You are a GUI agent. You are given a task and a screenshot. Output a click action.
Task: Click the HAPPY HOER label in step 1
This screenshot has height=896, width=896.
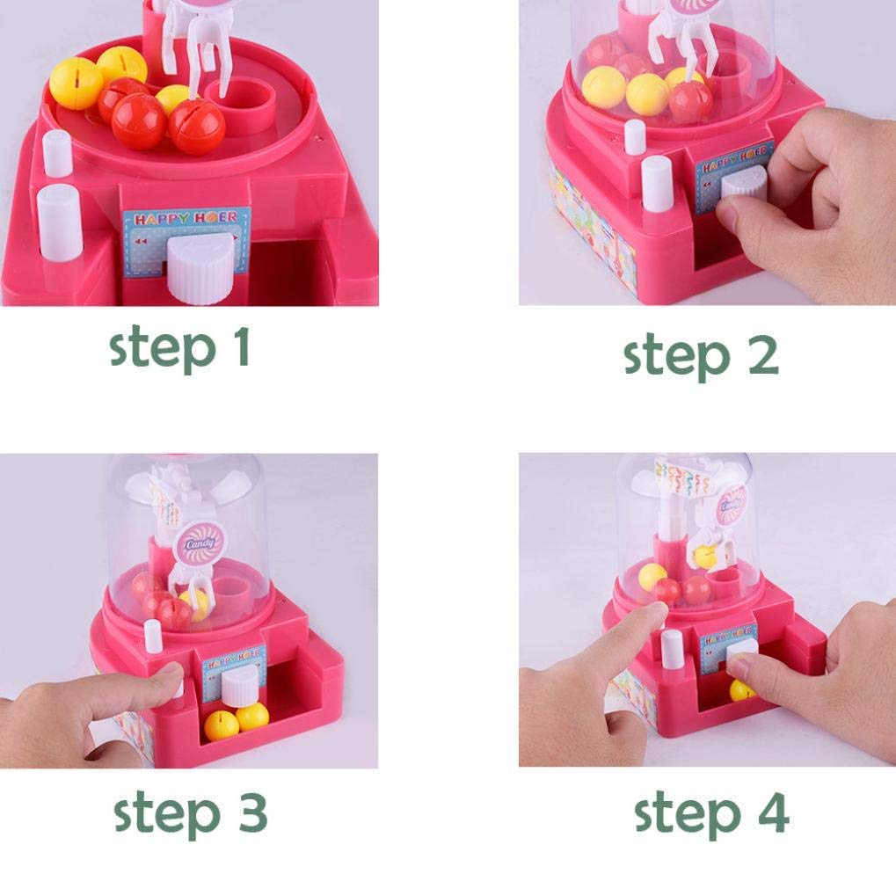[186, 220]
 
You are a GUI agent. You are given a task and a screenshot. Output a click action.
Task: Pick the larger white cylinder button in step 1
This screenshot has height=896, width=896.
[60, 222]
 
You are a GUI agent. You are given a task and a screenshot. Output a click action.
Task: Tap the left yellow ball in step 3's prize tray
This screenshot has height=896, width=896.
[221, 725]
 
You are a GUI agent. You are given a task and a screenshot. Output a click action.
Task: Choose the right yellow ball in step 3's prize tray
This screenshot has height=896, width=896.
[252, 715]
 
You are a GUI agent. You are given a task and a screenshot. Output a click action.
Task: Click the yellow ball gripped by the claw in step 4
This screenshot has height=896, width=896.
[704, 556]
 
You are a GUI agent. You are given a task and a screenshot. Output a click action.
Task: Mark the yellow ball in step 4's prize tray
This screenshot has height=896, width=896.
[741, 690]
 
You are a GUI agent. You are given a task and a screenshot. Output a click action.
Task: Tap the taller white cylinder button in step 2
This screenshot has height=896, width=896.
[656, 183]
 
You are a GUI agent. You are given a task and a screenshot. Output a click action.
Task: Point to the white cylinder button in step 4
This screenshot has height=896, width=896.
[672, 646]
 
